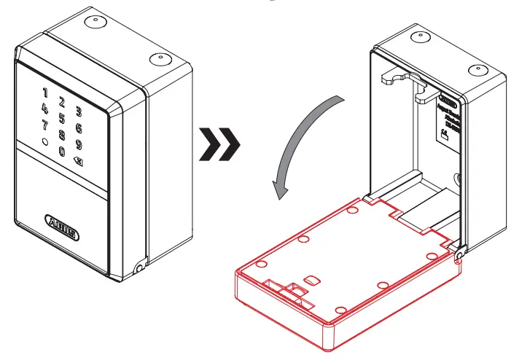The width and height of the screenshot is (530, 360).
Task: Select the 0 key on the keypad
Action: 62,152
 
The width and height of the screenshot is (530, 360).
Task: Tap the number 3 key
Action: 79,111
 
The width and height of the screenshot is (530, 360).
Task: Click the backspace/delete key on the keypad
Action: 79,160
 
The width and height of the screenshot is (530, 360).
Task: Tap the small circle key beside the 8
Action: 45,143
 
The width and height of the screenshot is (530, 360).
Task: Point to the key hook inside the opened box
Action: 397,79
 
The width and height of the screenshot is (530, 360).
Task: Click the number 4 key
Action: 45,109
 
